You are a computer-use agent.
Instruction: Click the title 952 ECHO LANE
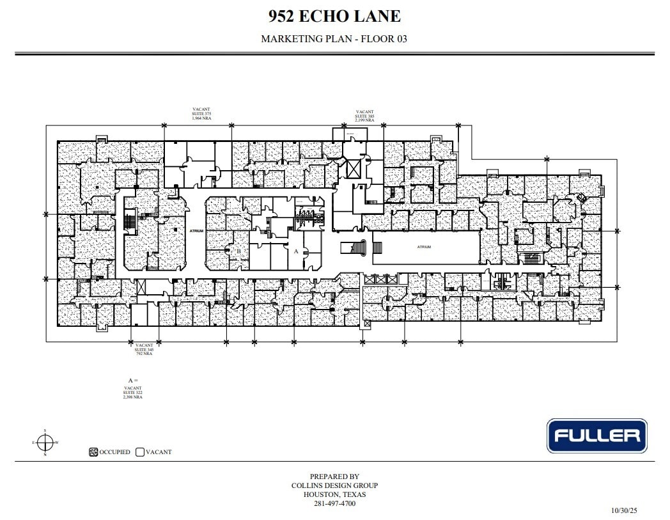point(334,16)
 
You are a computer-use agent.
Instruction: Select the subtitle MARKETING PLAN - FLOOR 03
point(334,39)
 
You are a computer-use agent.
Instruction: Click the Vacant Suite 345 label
point(144,349)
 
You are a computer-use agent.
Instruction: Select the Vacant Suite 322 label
point(133,392)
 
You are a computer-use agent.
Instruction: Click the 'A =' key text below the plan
point(133,381)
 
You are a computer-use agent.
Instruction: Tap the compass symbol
point(45,442)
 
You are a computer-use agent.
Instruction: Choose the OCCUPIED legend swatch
point(93,452)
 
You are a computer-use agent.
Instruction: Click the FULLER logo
point(596,436)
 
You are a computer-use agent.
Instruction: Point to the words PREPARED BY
point(334,477)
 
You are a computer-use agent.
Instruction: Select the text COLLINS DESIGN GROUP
point(334,485)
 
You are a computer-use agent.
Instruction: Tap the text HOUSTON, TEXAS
point(334,494)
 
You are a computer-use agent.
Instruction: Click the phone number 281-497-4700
point(334,503)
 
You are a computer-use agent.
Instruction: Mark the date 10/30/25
point(624,510)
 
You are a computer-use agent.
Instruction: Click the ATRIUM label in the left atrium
point(196,231)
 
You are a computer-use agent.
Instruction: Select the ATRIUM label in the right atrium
point(424,247)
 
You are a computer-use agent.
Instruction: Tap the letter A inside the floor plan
point(296,251)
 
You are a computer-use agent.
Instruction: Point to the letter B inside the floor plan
point(238,251)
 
